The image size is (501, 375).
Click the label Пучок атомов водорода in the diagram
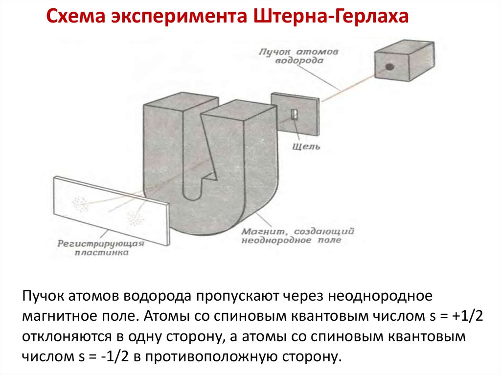coord(293,56)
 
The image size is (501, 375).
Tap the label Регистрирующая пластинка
coord(101,248)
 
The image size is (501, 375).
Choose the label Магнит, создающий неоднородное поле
coord(297,236)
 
